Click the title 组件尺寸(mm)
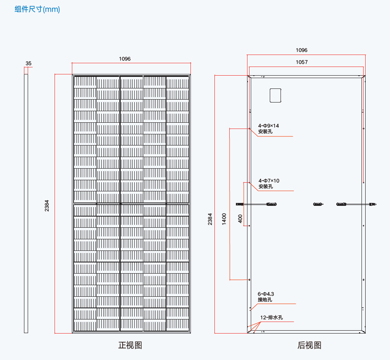pos(37,9)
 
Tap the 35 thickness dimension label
pos(29,63)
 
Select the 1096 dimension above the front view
pos(125,59)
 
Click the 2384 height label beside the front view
pos(47,206)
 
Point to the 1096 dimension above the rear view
pos(302,50)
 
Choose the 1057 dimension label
pos(302,62)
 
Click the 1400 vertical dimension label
pos(224,219)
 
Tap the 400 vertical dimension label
pos(240,219)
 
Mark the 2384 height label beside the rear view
pos(210,219)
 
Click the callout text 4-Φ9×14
pos(269,126)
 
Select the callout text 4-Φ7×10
pos(269,181)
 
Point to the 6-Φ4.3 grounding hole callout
pos(266,294)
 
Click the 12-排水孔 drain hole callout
pos(271,318)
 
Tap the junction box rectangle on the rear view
pos(275,95)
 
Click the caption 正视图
pos(130,345)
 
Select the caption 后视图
pos(309,345)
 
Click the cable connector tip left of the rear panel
pos(240,204)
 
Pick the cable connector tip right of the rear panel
pos(373,204)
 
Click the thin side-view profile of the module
pos(26,203)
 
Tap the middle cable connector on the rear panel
pos(318,204)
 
